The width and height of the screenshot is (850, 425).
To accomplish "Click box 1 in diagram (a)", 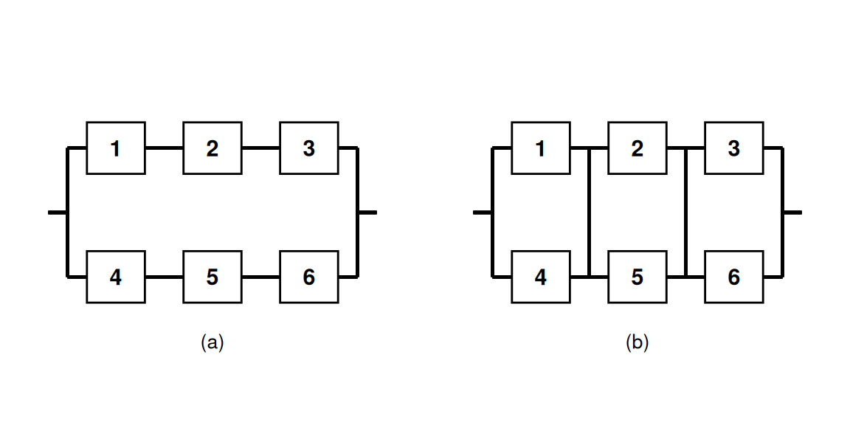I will [x=116, y=148].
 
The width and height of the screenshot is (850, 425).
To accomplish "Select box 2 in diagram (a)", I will [x=212, y=148].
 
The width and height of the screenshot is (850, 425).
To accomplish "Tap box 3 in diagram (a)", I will [x=309, y=148].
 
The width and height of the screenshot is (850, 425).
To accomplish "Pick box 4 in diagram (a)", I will [x=116, y=277].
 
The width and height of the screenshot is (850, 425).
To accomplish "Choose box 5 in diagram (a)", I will [x=212, y=277].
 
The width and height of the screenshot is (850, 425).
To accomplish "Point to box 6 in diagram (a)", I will [x=309, y=277].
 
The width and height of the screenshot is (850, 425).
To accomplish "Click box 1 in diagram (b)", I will [x=541, y=148].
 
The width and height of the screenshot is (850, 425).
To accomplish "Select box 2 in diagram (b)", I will [x=637, y=148].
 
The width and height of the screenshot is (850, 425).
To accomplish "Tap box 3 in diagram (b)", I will [x=734, y=148].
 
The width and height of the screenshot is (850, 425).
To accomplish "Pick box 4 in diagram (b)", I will [x=541, y=277].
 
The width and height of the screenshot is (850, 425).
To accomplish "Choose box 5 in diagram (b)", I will [x=637, y=277].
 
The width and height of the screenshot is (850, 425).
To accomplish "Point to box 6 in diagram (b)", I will [x=734, y=277].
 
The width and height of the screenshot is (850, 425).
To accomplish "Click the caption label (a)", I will [x=212, y=343].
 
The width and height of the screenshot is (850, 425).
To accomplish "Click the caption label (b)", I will [x=637, y=343].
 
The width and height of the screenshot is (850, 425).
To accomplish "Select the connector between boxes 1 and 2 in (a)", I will [x=165, y=148].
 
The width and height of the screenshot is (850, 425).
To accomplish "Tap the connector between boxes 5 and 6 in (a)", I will [x=261, y=277].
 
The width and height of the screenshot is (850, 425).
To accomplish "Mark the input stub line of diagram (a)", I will [x=58, y=212].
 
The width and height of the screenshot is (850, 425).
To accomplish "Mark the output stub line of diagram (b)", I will [x=792, y=212].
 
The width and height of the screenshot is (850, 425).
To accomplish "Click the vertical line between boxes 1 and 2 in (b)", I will [x=590, y=212].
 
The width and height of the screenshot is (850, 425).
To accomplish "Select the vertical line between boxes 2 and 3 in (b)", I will [x=686, y=212].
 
